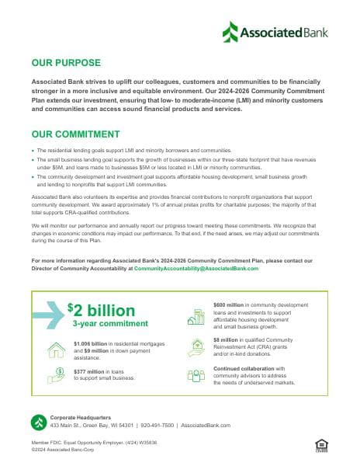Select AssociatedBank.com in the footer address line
point(210,426)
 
